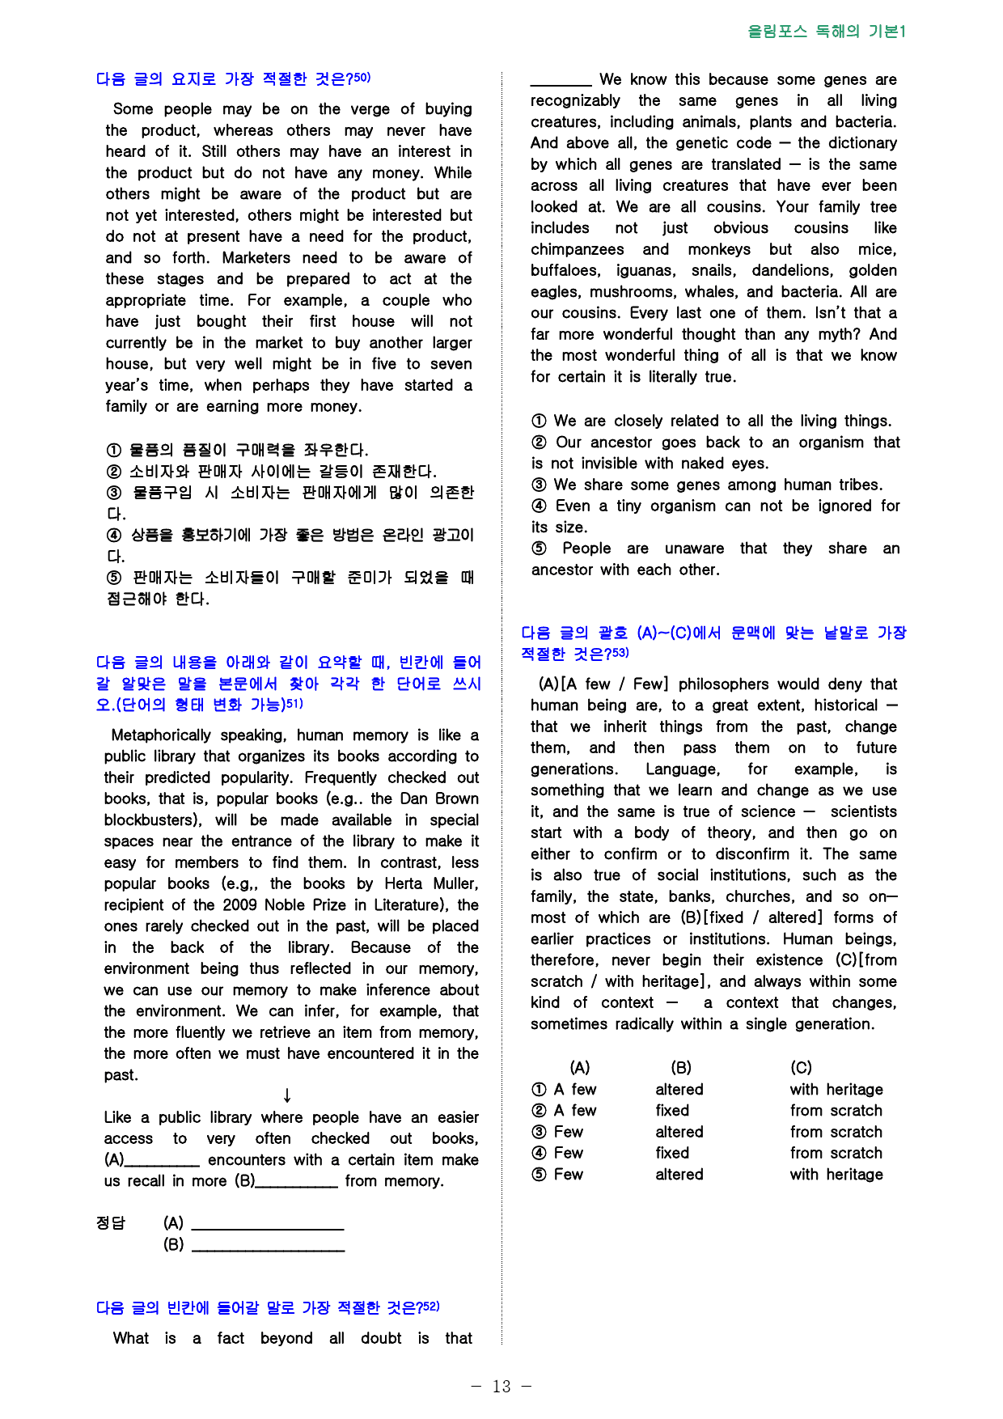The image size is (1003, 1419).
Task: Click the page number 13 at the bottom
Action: [501, 1387]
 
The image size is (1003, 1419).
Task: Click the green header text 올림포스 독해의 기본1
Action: [826, 32]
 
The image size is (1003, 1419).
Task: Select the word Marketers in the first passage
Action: [256, 258]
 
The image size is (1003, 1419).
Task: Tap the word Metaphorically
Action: [161, 735]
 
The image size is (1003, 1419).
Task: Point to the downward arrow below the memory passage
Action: [287, 1096]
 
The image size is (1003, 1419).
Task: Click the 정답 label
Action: [111, 1222]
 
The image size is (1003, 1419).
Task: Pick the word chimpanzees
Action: [577, 250]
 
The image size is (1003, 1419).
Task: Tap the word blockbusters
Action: [151, 820]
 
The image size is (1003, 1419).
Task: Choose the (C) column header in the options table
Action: [801, 1068]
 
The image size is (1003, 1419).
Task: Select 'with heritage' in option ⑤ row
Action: [836, 1175]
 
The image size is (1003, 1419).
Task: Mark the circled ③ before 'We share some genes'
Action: [539, 485]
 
